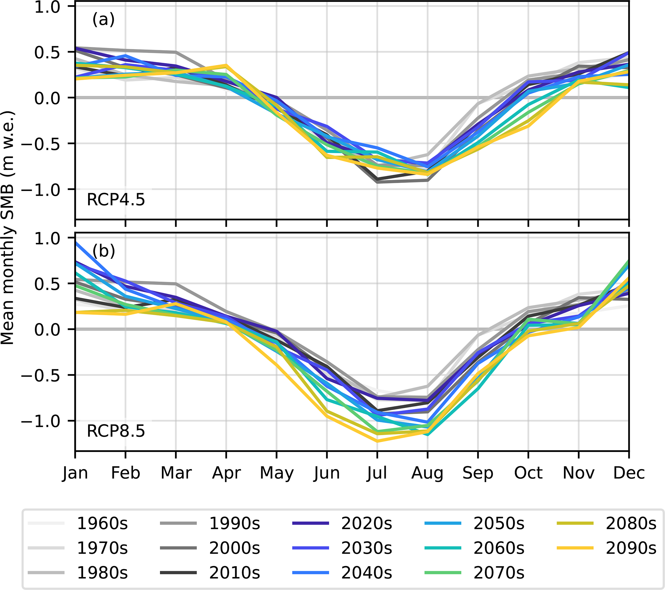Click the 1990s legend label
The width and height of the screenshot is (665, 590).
[x=235, y=524]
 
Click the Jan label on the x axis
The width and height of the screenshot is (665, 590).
[x=75, y=473]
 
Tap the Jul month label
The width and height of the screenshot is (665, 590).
[x=377, y=473]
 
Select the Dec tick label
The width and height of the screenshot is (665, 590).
[x=629, y=473]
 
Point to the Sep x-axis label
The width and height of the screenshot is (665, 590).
[x=478, y=473]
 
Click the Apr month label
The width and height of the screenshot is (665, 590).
[x=226, y=473]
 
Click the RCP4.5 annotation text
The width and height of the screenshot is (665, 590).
[x=116, y=200]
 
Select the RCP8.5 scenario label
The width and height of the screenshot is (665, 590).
[x=116, y=431]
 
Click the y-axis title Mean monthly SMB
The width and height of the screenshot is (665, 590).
[x=7, y=228]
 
